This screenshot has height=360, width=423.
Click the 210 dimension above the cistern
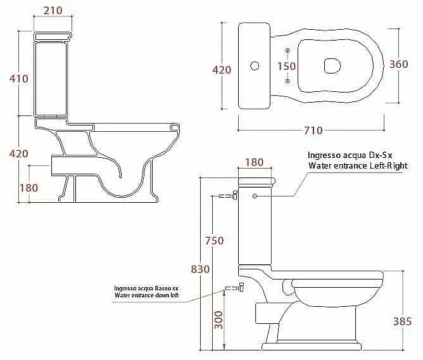pos(53,11)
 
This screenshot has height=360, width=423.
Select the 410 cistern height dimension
pos(19,79)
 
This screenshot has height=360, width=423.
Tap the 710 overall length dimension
pos(313,131)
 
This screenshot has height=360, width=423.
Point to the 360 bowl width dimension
pos(399,64)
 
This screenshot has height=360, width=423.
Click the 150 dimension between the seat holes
pos(287,66)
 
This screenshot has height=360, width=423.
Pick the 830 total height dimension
pos(200,269)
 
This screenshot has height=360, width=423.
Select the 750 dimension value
pos(215,241)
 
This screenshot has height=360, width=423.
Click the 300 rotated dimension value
pos(218,320)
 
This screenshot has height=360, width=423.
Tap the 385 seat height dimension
pos(402,321)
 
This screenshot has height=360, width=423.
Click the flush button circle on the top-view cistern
pos(255,66)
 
